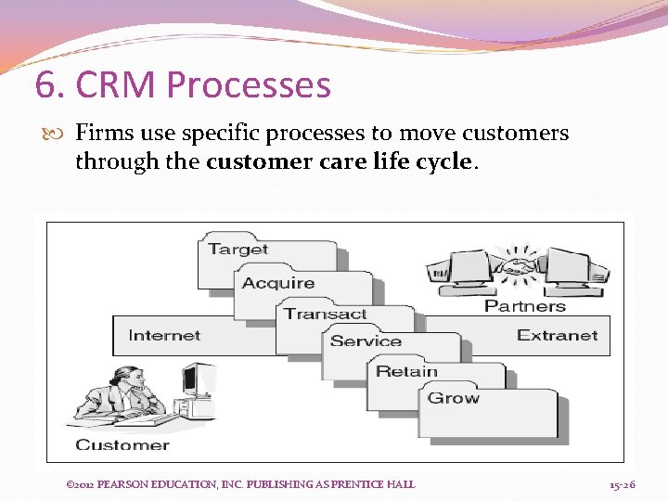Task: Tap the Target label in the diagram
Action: pyautogui.click(x=238, y=249)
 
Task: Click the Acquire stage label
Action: pyautogui.click(x=277, y=283)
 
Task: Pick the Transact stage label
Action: pyautogui.click(x=326, y=314)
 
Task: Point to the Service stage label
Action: pyautogui.click(x=366, y=341)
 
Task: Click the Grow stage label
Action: pyautogui.click(x=453, y=398)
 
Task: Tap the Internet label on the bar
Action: pyautogui.click(x=164, y=336)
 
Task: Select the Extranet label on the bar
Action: pyautogui.click(x=557, y=336)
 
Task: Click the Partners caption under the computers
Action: pyautogui.click(x=524, y=305)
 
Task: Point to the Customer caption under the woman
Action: pyautogui.click(x=122, y=444)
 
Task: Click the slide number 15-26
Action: pyautogui.click(x=622, y=484)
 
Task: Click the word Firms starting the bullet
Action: pyautogui.click(x=104, y=134)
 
